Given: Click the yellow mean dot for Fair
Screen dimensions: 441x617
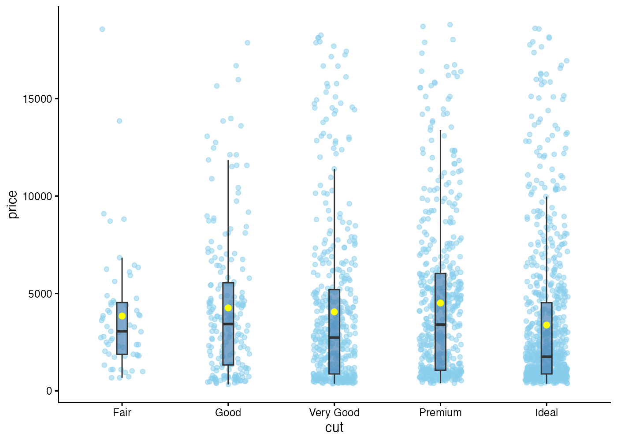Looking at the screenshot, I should click(122, 316).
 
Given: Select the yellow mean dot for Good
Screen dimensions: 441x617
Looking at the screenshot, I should click(228, 308).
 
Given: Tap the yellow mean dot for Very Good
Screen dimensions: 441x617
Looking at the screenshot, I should click(334, 312).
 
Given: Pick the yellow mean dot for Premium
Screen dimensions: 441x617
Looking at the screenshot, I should click(440, 303).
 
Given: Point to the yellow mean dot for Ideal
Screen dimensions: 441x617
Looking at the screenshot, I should click(546, 325).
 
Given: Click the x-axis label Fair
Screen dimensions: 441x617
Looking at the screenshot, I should click(122, 413).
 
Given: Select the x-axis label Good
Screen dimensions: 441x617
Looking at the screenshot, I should click(228, 413).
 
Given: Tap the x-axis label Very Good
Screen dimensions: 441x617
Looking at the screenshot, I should click(334, 413).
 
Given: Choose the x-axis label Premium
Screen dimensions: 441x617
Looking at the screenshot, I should click(440, 413).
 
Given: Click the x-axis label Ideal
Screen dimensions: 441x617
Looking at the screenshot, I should click(546, 413).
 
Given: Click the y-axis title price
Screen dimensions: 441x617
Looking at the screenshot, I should click(13, 205).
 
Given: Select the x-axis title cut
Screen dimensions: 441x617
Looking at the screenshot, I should click(334, 428).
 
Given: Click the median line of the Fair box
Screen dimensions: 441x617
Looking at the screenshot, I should click(122, 331).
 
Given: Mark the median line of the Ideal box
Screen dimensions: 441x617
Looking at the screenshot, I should click(546, 356).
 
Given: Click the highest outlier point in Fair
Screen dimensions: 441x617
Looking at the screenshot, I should click(102, 29).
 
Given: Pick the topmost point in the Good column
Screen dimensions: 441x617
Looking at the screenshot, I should click(247, 43).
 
